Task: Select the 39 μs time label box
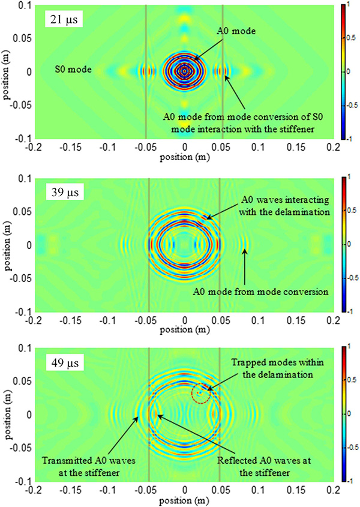[65, 194]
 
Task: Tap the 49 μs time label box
[65, 362]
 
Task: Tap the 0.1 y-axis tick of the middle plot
[19, 178]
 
